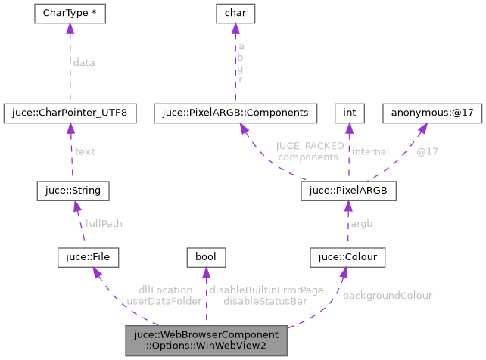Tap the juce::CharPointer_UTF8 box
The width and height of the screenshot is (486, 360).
(70, 113)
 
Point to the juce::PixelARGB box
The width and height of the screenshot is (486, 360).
(348, 189)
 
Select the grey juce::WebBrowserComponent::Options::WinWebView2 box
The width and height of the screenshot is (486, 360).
(207, 341)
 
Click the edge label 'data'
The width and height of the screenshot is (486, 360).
(84, 64)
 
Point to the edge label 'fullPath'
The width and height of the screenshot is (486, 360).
(103, 223)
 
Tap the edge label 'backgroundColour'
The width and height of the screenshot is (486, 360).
(387, 295)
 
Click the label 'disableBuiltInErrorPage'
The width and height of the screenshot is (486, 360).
(266, 290)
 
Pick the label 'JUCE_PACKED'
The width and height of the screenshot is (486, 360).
(310, 146)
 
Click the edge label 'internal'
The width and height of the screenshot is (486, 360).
(370, 151)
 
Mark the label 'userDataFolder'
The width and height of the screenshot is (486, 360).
(164, 301)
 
